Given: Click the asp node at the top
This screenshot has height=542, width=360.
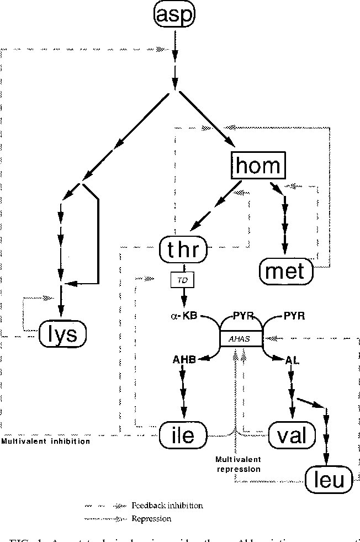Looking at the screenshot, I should click(x=175, y=16).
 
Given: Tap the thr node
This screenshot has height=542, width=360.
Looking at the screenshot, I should click(x=183, y=252).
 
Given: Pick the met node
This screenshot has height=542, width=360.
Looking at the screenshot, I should click(x=285, y=270).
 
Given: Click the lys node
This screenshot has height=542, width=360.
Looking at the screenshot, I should click(x=63, y=334).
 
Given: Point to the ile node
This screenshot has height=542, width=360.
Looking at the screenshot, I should click(x=183, y=435).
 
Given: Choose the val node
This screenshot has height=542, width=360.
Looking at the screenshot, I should click(x=293, y=435).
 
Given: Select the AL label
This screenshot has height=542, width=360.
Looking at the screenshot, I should click(x=291, y=359).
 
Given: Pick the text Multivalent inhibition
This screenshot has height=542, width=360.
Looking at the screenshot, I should click(x=45, y=442).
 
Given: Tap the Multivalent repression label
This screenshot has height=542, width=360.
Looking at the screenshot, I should click(x=238, y=464).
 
